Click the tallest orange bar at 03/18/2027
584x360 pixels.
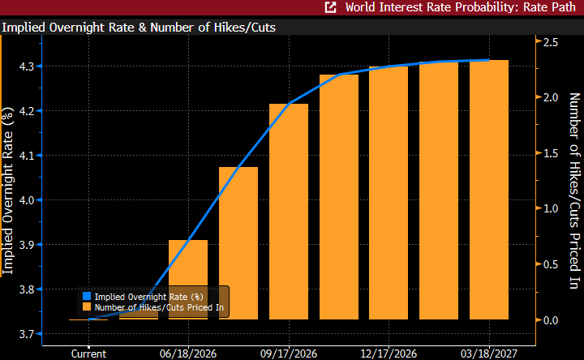pos(489,190)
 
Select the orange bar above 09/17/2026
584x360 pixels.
pos(289,212)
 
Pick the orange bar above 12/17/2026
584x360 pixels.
pos(389,193)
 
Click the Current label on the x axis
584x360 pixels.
pos(88,354)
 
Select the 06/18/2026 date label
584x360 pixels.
pos(189,354)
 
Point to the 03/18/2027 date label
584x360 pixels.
pos(490,354)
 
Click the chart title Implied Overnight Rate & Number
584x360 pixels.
pos(139,27)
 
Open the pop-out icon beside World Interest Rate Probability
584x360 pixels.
pos(331,8)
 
